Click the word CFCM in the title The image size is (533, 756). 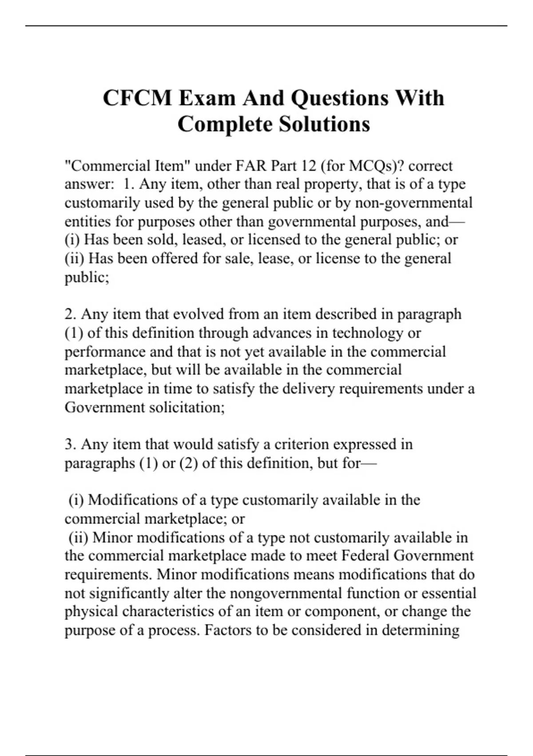pyautogui.click(x=137, y=98)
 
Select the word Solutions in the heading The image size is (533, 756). pyautogui.click(x=324, y=124)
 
